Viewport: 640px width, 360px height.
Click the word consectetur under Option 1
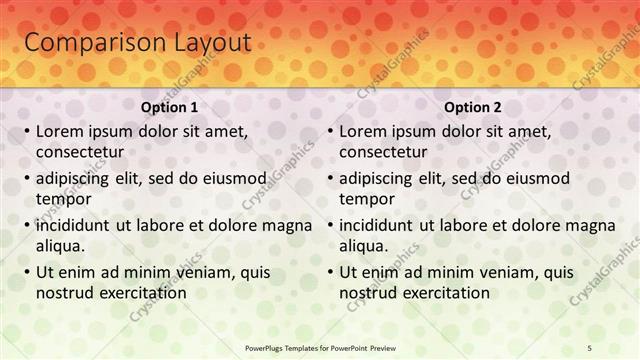79,152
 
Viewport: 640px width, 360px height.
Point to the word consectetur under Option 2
382,152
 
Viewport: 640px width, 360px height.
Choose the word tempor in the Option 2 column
366,199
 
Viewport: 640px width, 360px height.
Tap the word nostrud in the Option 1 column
63,293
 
